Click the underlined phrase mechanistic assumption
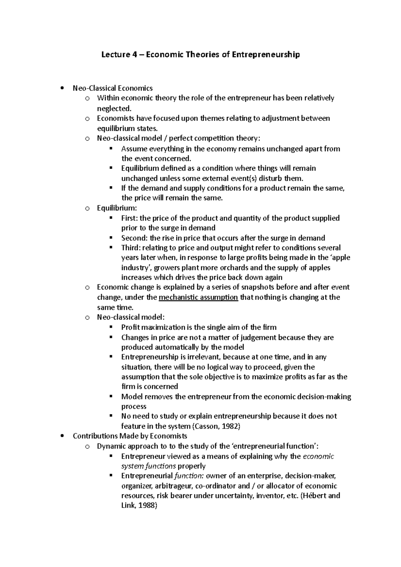click(198, 297)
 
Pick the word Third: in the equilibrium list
click(131, 248)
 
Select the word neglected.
click(114, 109)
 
